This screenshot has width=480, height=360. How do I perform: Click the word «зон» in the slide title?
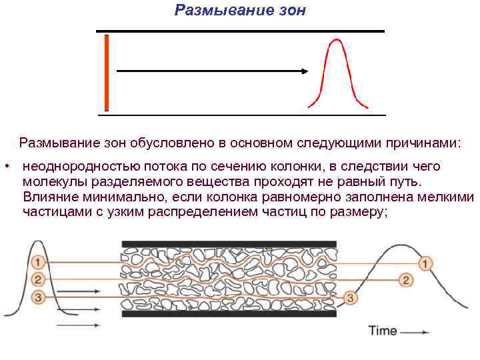[290, 10]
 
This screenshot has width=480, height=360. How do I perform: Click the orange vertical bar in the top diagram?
[106, 72]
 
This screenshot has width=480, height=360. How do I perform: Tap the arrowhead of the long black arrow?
[304, 70]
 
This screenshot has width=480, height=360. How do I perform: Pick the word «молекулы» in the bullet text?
[51, 182]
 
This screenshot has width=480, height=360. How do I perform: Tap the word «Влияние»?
[49, 197]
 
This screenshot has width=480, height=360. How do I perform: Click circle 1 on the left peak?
[38, 261]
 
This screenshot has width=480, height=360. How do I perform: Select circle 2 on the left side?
[38, 279]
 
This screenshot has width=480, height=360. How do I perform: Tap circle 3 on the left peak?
[39, 297]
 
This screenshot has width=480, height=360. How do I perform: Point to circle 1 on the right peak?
[425, 263]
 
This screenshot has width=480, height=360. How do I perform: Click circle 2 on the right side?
[406, 280]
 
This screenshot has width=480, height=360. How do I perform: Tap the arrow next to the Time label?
[415, 332]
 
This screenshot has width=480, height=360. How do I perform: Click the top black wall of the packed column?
[229, 244]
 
